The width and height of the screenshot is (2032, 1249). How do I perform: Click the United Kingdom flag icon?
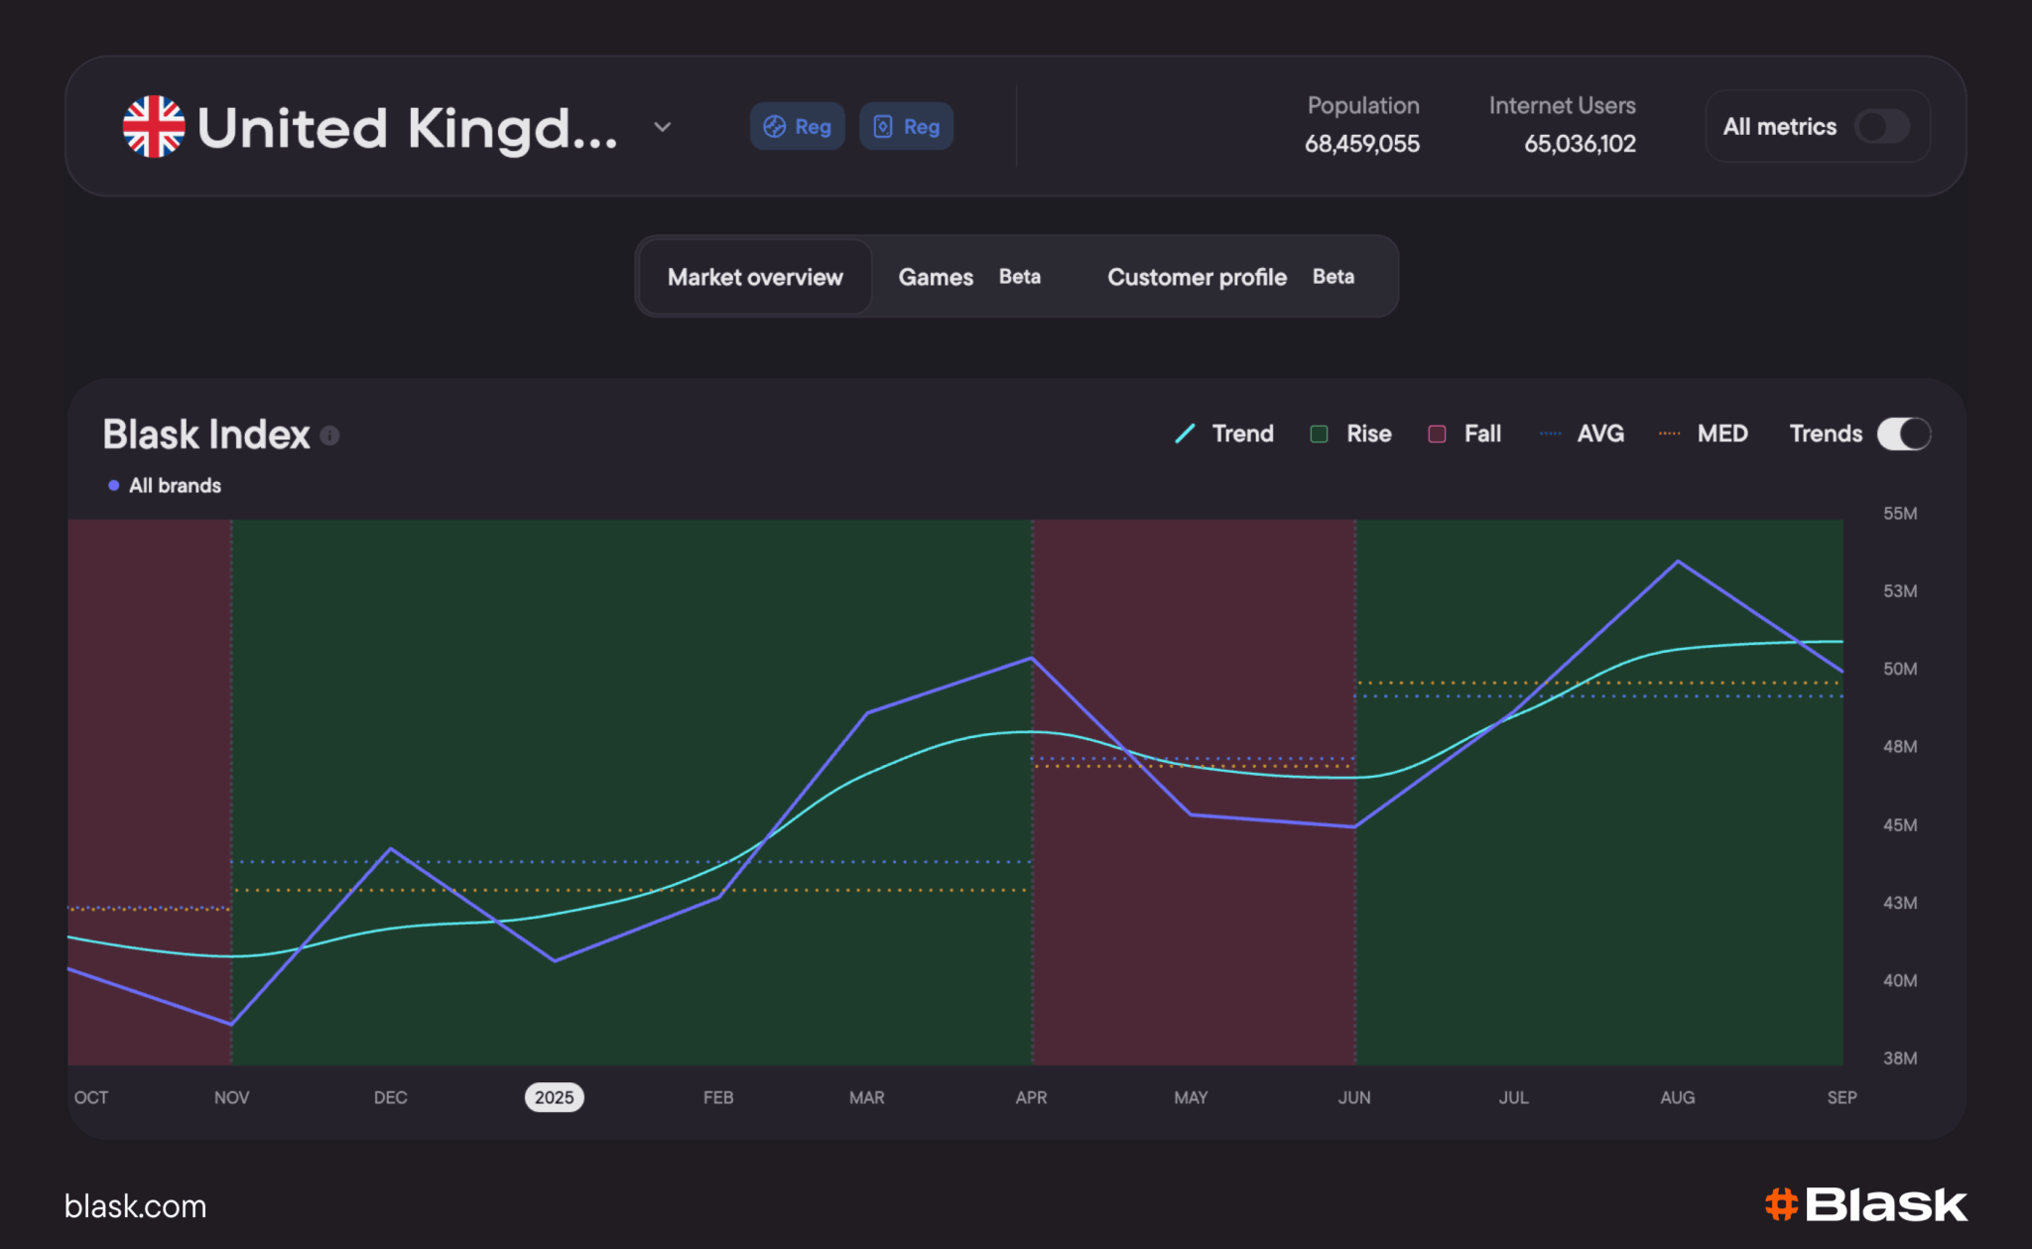point(154,127)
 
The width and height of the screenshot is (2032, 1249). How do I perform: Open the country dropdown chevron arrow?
point(663,127)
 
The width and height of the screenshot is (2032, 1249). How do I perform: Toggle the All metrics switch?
point(1882,127)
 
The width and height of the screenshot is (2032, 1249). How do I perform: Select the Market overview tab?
point(755,277)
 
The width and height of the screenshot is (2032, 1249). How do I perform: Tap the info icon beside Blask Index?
point(330,436)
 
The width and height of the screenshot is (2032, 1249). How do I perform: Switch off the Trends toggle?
point(1904,434)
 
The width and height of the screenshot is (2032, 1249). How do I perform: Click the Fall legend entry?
point(1464,434)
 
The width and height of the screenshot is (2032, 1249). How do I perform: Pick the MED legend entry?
point(1703,434)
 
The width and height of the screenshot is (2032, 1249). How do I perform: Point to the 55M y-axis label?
point(1900,513)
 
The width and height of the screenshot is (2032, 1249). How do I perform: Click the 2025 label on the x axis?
point(555,1097)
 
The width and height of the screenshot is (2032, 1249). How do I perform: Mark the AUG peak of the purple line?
point(1678,562)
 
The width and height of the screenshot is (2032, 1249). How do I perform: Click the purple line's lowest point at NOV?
point(231,1024)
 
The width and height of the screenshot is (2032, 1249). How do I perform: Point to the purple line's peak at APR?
point(1032,658)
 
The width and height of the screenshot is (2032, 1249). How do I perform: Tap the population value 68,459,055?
point(1361,144)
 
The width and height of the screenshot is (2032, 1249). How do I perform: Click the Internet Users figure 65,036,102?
point(1580,144)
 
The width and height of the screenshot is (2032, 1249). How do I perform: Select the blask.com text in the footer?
point(135,1206)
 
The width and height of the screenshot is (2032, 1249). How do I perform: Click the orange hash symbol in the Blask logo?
point(1782,1204)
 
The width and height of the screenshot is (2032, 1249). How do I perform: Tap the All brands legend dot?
point(114,485)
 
